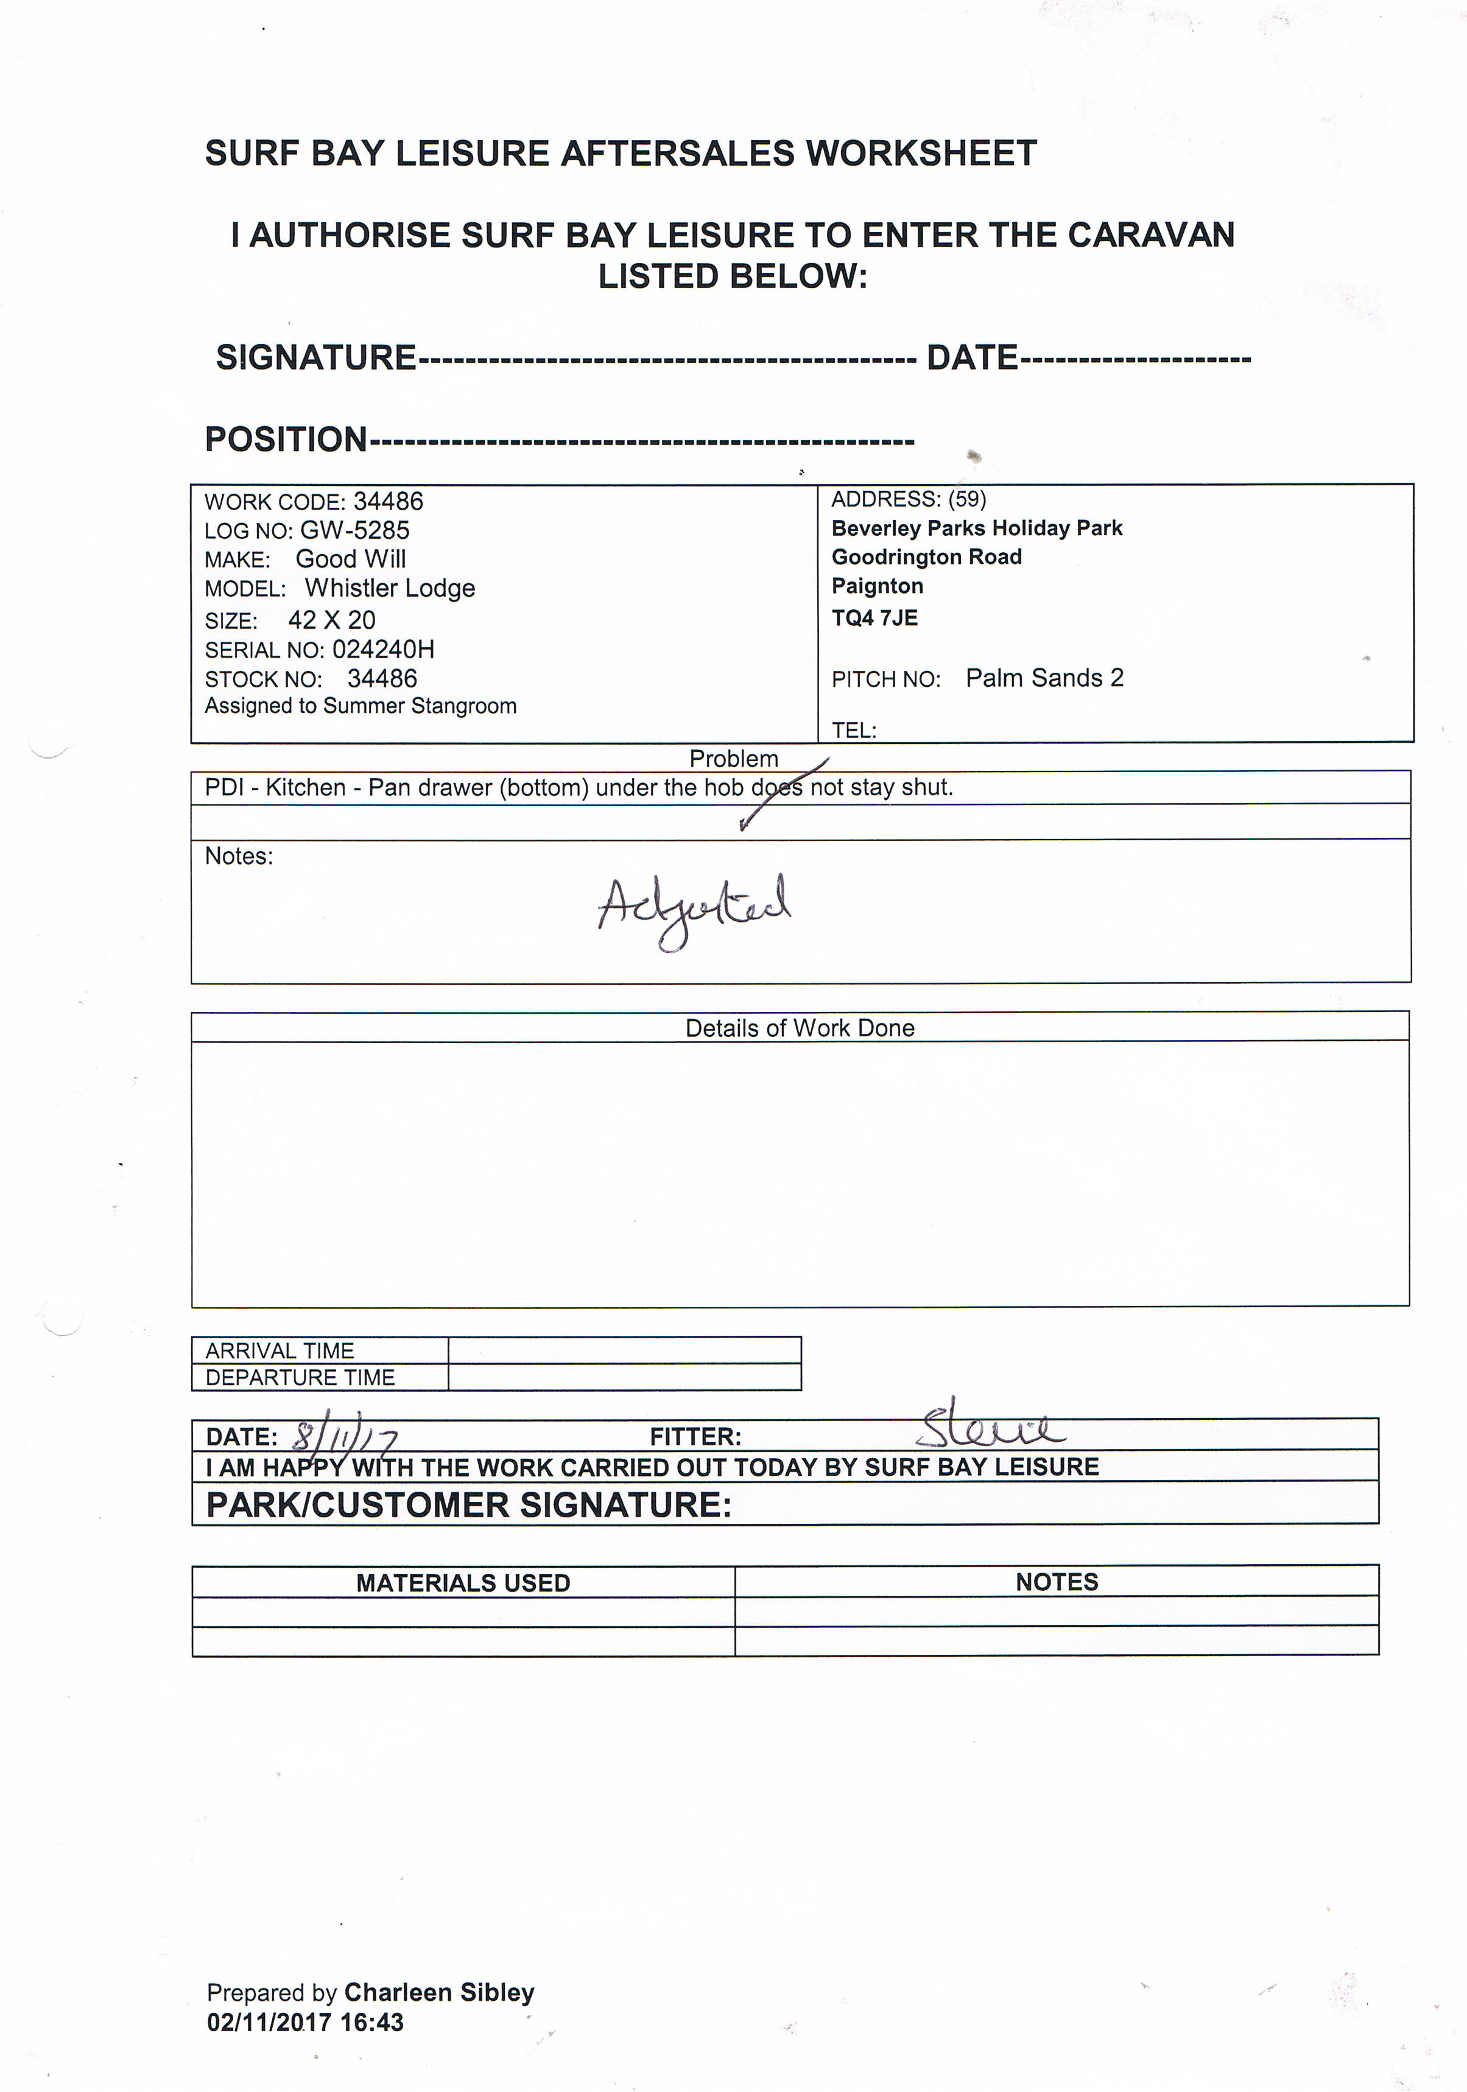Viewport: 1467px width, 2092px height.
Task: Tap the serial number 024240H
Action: tap(382, 650)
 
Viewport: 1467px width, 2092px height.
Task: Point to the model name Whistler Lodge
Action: tap(390, 589)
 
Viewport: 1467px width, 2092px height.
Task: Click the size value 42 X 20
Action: tap(332, 620)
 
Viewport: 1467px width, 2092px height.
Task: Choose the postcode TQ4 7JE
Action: tap(874, 618)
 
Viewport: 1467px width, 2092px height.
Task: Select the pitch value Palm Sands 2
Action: tap(1044, 678)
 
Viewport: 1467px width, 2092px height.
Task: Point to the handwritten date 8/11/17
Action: tap(343, 1438)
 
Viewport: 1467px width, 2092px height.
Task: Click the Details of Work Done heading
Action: tap(799, 1028)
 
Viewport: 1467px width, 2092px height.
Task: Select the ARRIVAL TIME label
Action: tap(280, 1350)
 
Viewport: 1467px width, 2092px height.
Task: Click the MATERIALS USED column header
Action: tap(463, 1582)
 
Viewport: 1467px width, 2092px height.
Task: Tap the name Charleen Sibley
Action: tap(439, 1993)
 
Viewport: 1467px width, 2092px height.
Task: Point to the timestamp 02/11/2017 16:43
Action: tap(305, 2022)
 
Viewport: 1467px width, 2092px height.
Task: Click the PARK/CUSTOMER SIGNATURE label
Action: tap(470, 1504)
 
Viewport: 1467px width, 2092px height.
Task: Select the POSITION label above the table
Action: tap(285, 439)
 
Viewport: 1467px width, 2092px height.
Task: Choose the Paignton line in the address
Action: tap(876, 586)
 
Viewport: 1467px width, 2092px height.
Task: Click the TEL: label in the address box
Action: tap(854, 730)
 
